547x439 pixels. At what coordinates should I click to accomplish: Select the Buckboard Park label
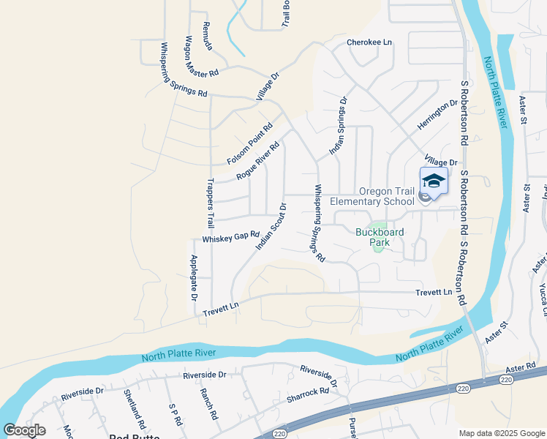[380, 233]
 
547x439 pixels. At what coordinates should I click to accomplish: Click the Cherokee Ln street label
[369, 42]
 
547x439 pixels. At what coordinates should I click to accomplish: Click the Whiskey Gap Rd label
[231, 237]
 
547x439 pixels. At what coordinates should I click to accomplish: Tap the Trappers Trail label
[209, 202]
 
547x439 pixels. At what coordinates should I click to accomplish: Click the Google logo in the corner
[24, 430]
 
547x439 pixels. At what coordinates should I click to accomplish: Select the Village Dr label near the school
[440, 162]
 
